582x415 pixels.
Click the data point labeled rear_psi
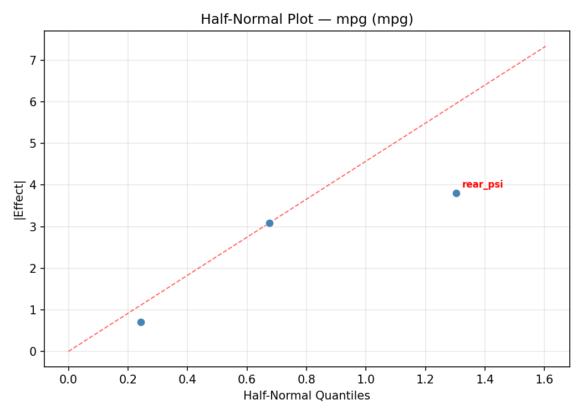(x=456, y=193)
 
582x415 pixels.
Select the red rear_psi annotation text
(x=482, y=185)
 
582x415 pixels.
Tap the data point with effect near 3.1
(x=269, y=223)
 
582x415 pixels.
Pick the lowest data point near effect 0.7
(x=141, y=322)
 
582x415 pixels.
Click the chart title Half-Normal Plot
(x=307, y=19)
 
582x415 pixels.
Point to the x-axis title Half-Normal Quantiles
(x=307, y=396)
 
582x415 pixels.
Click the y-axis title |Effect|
(x=19, y=199)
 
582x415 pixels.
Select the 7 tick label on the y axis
(x=34, y=60)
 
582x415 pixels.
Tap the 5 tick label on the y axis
(x=34, y=143)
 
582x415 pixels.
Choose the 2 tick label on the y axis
(x=34, y=268)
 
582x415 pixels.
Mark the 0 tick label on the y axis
(x=34, y=351)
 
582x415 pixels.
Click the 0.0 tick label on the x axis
(x=69, y=380)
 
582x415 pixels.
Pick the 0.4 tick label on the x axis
(x=187, y=380)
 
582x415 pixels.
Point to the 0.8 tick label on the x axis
(x=307, y=380)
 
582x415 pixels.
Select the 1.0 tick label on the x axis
(x=366, y=380)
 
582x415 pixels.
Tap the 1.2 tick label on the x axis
(x=425, y=380)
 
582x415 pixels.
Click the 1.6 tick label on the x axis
(x=544, y=380)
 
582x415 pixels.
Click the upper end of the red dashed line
(x=545, y=46)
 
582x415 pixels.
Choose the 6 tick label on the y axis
(x=34, y=102)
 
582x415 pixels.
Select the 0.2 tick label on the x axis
(x=128, y=380)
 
